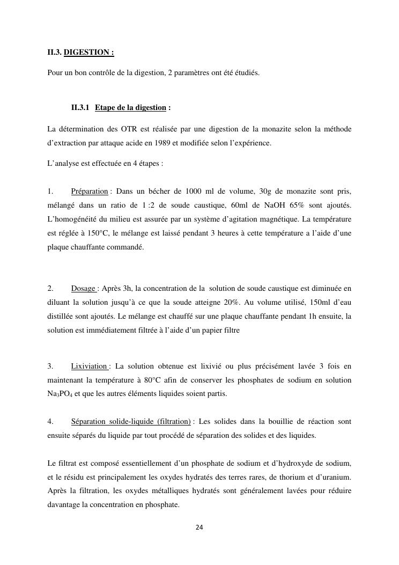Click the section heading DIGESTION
(88, 53)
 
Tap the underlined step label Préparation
(89, 192)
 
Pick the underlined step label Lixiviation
(89, 366)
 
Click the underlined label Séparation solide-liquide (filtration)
(131, 422)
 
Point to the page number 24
(199, 527)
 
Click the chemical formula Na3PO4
(62, 394)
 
